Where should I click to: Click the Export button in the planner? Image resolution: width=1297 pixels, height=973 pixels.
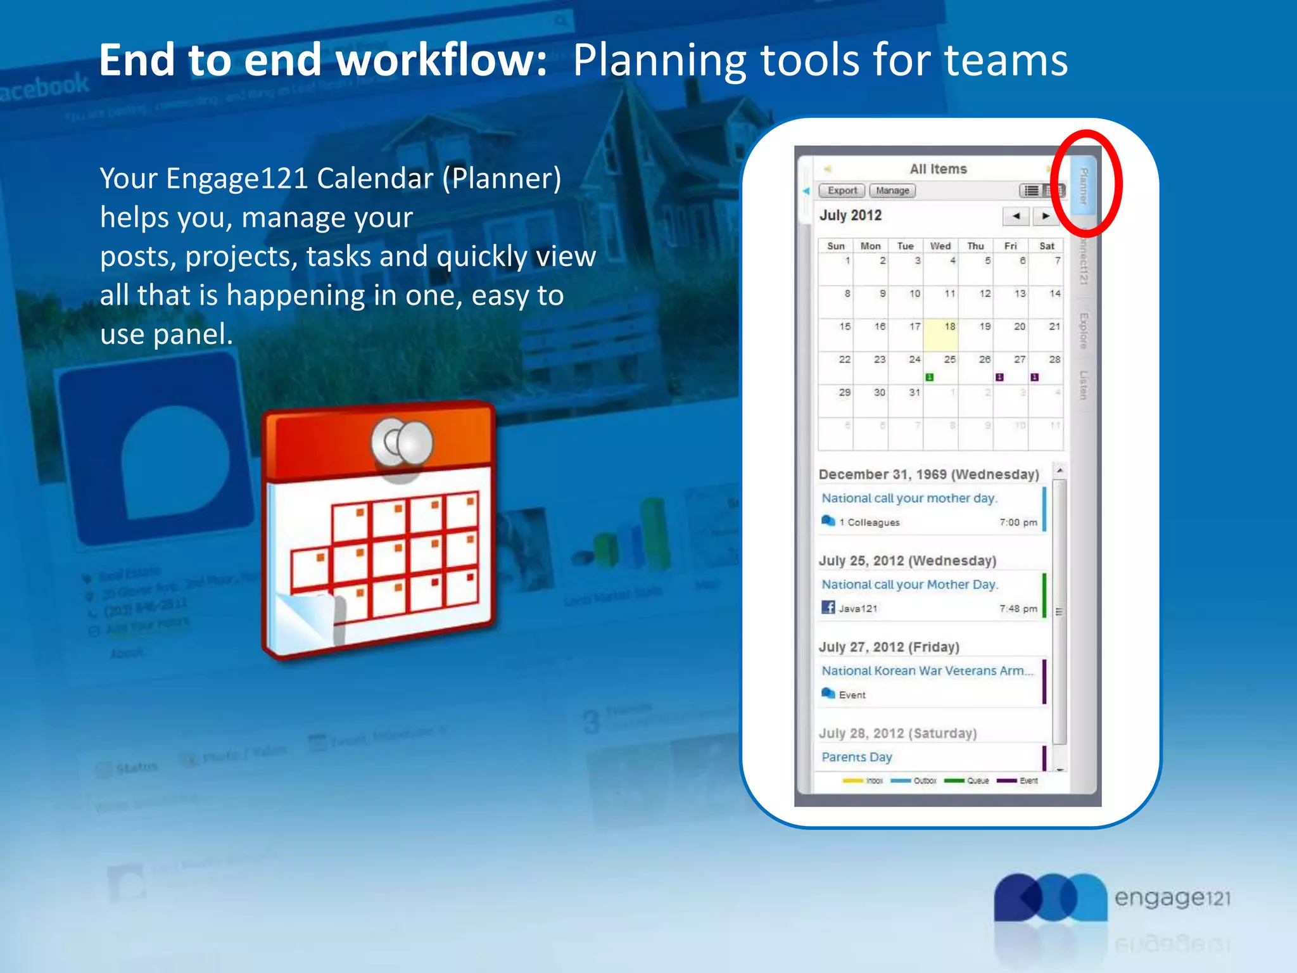point(842,191)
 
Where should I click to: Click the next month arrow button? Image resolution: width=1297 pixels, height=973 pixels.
point(1046,216)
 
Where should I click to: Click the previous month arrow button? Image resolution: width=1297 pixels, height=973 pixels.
point(1016,216)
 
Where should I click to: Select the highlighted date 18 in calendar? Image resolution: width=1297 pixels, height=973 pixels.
point(941,334)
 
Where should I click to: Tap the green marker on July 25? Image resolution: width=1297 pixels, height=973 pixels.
point(930,378)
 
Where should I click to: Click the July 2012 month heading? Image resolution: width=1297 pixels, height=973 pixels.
point(851,215)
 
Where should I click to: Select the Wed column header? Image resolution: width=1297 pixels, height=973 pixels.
point(940,246)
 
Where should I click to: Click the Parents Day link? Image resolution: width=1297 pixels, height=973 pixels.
point(857,757)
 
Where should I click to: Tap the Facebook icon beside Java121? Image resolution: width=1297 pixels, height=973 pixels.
point(828,607)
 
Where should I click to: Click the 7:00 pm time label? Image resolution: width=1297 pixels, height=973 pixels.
point(1018,523)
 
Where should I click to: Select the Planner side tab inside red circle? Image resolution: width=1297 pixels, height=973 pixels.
point(1084,186)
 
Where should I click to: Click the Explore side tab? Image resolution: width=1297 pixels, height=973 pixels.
point(1084,331)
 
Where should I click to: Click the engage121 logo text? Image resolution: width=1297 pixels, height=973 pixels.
point(1172,898)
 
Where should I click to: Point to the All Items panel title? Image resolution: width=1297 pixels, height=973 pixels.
point(939,169)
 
